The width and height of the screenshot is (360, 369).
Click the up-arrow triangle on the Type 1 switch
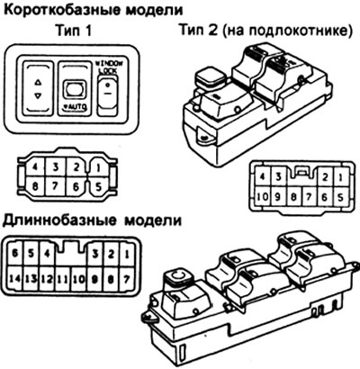pos(38,80)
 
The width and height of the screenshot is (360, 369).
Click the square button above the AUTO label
pos(74,90)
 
